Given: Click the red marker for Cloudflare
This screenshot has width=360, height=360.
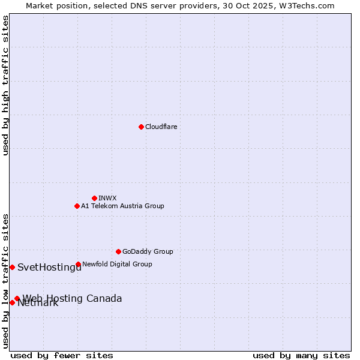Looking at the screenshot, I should [x=141, y=127].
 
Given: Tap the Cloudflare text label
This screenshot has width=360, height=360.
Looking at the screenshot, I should [x=161, y=127].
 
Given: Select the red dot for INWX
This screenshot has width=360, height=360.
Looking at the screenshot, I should [x=94, y=198].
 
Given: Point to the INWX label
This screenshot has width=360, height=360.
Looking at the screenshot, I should [x=107, y=198].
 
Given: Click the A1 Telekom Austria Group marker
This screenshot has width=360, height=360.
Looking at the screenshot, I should [x=77, y=206].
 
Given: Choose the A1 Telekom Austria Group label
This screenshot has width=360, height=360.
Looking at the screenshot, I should [x=122, y=206].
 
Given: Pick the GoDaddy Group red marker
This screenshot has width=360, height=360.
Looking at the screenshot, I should [x=118, y=251].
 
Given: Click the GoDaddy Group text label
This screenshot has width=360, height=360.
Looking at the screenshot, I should [x=148, y=251].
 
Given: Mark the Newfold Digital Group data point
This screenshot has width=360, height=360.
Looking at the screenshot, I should [x=78, y=264].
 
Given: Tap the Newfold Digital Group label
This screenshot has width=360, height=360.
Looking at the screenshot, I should [x=117, y=264].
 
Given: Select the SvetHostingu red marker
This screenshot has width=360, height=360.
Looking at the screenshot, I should [x=12, y=267].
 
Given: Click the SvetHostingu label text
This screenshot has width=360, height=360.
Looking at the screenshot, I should [x=49, y=268].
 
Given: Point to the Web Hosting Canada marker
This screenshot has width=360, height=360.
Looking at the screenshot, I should [x=17, y=298].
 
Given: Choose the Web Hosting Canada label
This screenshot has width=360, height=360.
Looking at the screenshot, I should [x=72, y=298].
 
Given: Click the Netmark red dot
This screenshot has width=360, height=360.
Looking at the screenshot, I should [x=12, y=302].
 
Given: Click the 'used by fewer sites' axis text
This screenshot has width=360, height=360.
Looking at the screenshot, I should [x=62, y=355].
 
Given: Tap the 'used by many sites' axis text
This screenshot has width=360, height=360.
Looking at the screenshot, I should [x=301, y=355].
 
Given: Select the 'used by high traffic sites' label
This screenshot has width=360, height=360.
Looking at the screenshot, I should [x=5, y=85].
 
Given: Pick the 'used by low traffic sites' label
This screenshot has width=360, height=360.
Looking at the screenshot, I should [x=5, y=280].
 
